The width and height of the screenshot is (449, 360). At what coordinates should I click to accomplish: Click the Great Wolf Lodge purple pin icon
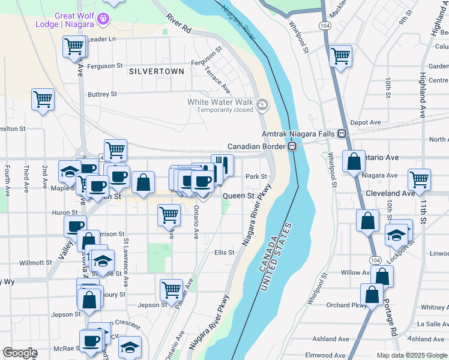click(104, 19)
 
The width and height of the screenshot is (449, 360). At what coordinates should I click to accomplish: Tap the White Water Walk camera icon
click(262, 106)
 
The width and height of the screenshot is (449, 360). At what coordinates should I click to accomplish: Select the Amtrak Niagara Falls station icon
click(342, 134)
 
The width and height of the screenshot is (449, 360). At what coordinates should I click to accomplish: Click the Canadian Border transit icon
click(292, 146)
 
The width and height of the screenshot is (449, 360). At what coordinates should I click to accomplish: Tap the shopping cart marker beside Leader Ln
click(74, 46)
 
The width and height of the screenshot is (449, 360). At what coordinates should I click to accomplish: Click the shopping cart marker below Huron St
click(169, 214)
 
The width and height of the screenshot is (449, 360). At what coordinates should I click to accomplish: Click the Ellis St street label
click(224, 253)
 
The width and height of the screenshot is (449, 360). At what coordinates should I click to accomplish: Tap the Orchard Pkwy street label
click(346, 305)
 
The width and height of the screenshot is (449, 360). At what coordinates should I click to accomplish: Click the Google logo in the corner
click(20, 353)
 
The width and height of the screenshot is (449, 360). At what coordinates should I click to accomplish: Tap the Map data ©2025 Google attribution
click(411, 355)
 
